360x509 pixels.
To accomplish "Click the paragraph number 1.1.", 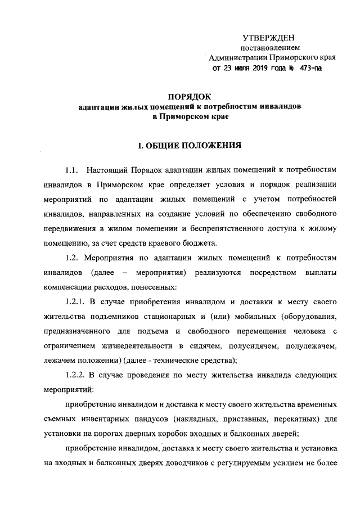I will [73, 170].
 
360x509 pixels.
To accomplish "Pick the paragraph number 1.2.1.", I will [78, 301].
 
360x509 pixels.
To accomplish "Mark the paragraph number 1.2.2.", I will [78, 374].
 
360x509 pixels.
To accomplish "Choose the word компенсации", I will [68, 287].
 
